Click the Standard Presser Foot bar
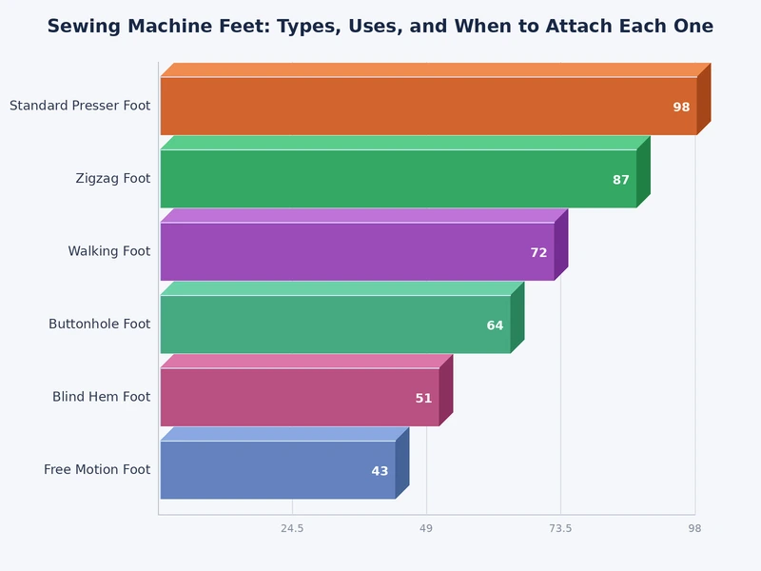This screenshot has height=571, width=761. pyautogui.click(x=428, y=106)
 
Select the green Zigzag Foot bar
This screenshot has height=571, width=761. pyautogui.click(x=398, y=179)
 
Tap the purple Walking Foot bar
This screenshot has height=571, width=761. pyautogui.click(x=357, y=251)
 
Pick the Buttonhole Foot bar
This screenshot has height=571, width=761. pyautogui.click(x=335, y=325)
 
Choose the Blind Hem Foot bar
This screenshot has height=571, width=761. pyautogui.click(x=300, y=397)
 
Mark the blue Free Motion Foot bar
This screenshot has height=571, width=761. pyautogui.click(x=278, y=470)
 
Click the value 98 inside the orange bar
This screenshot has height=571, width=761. pyautogui.click(x=681, y=108)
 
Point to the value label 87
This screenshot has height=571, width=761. pyautogui.click(x=621, y=180)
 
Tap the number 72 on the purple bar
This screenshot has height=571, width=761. pyautogui.click(x=538, y=253)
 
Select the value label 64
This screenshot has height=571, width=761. pyautogui.click(x=495, y=325)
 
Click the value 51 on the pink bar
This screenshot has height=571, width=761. pyautogui.click(x=423, y=399)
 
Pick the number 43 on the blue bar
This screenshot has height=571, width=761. pyautogui.click(x=380, y=471)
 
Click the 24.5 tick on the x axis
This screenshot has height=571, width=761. pyautogui.click(x=292, y=528)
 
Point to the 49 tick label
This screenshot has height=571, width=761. pyautogui.click(x=426, y=528)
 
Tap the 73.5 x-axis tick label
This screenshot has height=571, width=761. pyautogui.click(x=560, y=528)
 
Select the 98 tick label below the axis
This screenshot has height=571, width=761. pyautogui.click(x=694, y=528)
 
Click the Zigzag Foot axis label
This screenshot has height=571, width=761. pyautogui.click(x=113, y=179)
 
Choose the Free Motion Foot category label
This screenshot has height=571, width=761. pyautogui.click(x=97, y=470)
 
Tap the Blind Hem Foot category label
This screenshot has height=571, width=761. pyautogui.click(x=101, y=397)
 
